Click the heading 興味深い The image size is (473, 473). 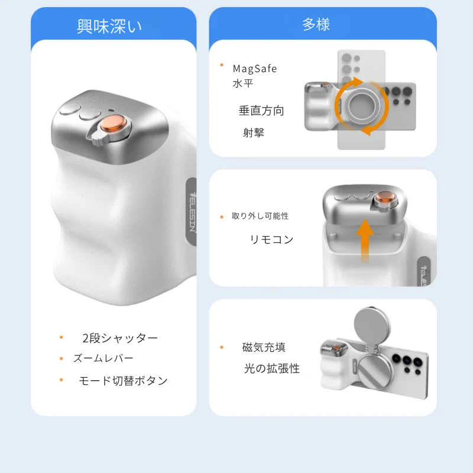[x=109, y=26]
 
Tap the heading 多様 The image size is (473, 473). [x=316, y=24]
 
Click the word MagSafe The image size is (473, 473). [x=255, y=69]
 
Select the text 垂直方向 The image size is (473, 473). [x=261, y=111]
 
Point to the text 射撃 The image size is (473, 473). [x=254, y=132]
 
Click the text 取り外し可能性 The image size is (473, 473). [x=260, y=216]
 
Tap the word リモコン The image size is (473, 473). [x=271, y=239]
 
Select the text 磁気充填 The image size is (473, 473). [x=264, y=347]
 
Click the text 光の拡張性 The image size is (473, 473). [x=272, y=368]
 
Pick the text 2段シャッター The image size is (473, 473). [x=120, y=338]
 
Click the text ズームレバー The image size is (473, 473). [x=103, y=358]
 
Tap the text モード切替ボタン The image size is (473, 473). [x=123, y=381]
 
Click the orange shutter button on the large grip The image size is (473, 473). [x=114, y=124]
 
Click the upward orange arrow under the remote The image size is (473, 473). [x=365, y=241]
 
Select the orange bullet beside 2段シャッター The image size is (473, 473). [x=61, y=337]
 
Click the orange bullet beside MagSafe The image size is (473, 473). [x=222, y=65]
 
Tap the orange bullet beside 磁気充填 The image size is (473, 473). [x=222, y=347]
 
